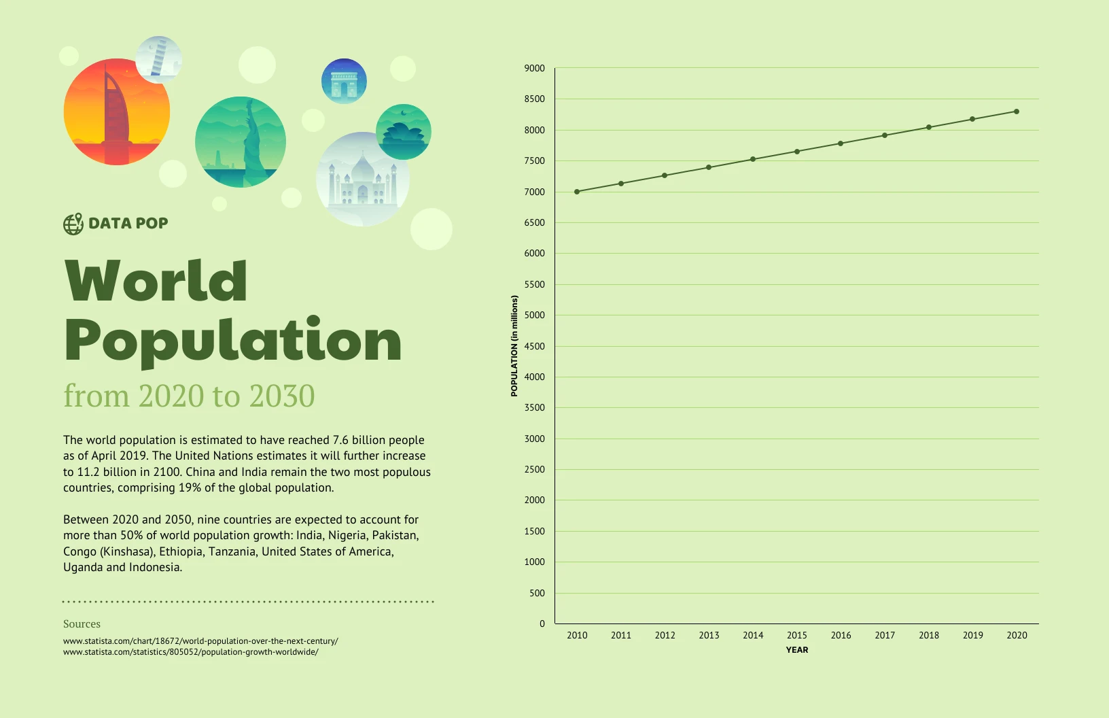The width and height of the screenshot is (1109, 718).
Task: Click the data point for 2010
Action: click(577, 192)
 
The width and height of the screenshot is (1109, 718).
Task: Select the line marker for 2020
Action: click(1017, 112)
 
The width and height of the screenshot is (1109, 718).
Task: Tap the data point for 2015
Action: click(797, 152)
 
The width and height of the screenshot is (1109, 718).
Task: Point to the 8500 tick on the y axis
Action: click(534, 99)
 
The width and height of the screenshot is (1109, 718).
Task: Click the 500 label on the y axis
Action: click(537, 593)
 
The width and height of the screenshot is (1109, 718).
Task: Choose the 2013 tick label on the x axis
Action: click(709, 635)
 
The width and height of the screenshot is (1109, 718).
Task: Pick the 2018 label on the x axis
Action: click(929, 635)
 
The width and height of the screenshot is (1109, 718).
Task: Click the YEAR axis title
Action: click(797, 650)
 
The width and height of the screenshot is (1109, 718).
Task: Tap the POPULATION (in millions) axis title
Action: click(514, 345)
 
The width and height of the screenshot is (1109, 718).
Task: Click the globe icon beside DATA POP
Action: click(73, 224)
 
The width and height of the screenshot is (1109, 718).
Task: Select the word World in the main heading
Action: click(156, 281)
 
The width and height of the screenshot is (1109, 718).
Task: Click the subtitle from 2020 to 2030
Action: click(189, 396)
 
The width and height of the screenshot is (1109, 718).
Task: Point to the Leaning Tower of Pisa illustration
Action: click(159, 59)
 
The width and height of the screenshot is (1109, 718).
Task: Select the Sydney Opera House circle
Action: click(404, 132)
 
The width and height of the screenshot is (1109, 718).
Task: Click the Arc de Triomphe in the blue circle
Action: click(344, 82)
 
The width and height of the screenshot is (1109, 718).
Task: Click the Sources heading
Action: click(82, 624)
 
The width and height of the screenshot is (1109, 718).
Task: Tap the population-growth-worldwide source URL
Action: click(190, 652)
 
